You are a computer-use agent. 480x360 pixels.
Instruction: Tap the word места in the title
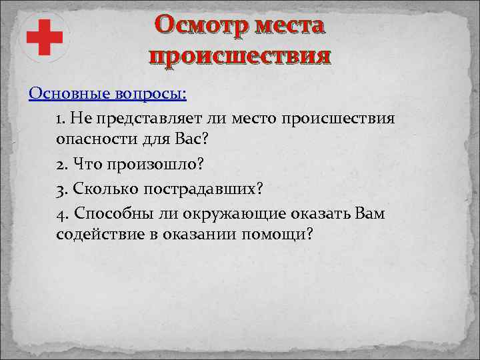[287, 27]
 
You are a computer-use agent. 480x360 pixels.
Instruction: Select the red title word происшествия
[239, 56]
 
